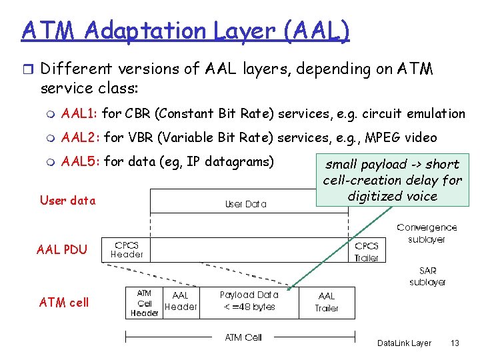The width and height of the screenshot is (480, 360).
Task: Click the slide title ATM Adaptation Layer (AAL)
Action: click(x=185, y=31)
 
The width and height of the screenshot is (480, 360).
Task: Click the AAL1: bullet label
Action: click(x=81, y=114)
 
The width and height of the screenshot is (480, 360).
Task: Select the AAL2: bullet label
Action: click(x=81, y=138)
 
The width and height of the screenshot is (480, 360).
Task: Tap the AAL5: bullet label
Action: click(x=81, y=161)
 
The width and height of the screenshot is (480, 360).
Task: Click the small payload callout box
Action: click(x=392, y=180)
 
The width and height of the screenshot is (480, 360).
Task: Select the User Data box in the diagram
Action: click(x=246, y=203)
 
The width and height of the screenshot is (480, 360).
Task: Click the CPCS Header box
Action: click(x=127, y=249)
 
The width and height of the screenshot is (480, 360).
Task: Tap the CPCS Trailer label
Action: click(x=366, y=251)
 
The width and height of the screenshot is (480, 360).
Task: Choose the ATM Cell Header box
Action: click(x=144, y=303)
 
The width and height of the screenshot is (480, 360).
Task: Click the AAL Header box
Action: click(x=180, y=301)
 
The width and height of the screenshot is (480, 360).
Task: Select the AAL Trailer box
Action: click(x=327, y=302)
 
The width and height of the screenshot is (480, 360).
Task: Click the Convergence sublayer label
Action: click(x=426, y=233)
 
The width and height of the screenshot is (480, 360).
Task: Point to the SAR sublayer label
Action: click(x=427, y=276)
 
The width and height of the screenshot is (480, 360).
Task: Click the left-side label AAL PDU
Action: click(x=62, y=250)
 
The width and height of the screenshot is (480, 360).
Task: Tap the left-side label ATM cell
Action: click(x=64, y=302)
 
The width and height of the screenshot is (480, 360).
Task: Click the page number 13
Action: click(x=455, y=343)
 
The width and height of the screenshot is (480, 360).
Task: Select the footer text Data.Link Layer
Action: click(x=404, y=343)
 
